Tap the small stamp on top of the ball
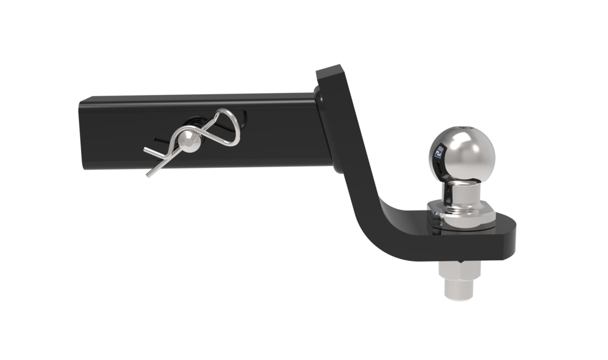tap(465, 127)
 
